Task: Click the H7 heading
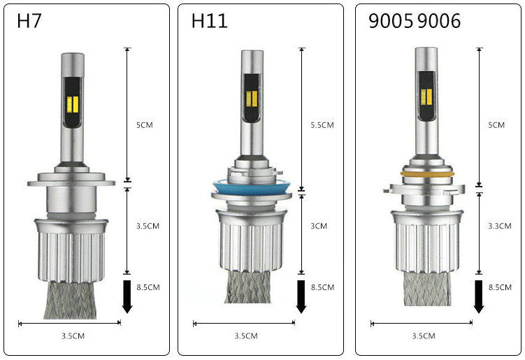pyautogui.click(x=29, y=21)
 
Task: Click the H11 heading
pyautogui.click(x=209, y=21)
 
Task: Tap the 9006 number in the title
pyautogui.click(x=439, y=21)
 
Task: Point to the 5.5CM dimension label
pyautogui.click(x=322, y=125)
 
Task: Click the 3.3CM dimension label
pyautogui.click(x=500, y=226)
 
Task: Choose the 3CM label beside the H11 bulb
pyautogui.click(x=319, y=226)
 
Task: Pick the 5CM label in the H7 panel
pyautogui.click(x=144, y=125)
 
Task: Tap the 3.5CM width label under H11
pyautogui.click(x=246, y=336)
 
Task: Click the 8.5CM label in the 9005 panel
pyautogui.click(x=500, y=287)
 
